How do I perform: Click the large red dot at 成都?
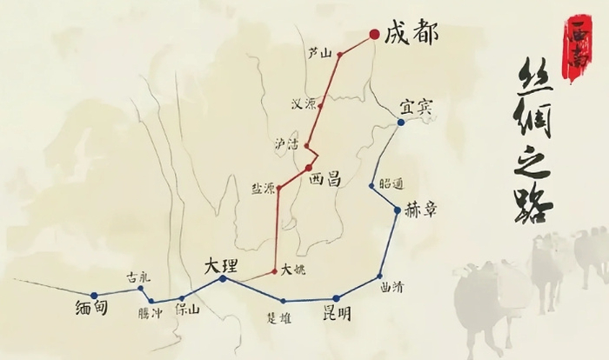tap(374, 35)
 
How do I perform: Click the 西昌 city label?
tap(325, 179)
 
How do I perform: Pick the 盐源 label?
tap(263, 188)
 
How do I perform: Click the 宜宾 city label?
tap(417, 107)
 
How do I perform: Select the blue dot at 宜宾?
tap(400, 123)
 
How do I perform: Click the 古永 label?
tap(138, 276)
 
